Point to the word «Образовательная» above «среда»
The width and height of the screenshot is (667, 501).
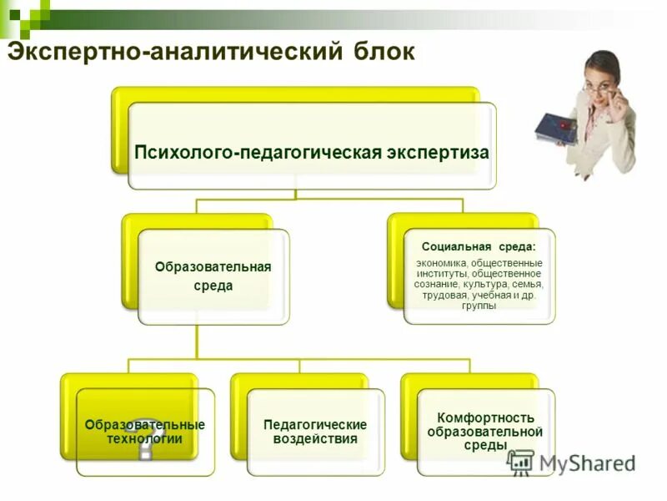(213, 266)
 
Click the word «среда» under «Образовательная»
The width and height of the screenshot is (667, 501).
(213, 286)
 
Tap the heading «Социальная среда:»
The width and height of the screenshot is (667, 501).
(479, 247)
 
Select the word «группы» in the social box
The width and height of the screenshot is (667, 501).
(479, 306)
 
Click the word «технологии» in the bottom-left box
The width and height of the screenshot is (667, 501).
(144, 438)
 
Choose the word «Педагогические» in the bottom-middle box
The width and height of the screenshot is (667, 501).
(315, 424)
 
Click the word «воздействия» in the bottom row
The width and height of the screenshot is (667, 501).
(315, 438)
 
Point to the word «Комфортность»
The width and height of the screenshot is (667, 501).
(485, 417)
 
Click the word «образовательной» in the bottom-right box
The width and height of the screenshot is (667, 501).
(485, 432)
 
